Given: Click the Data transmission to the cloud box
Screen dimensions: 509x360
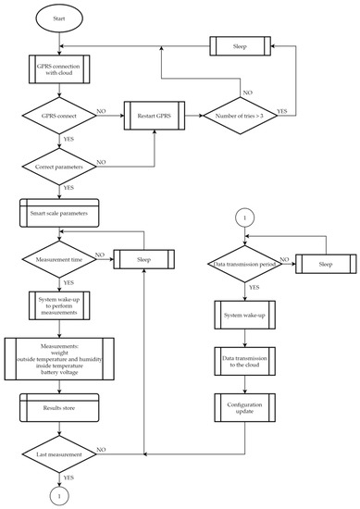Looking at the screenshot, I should [245, 360].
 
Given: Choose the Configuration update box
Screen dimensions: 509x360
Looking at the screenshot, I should [245, 408].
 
